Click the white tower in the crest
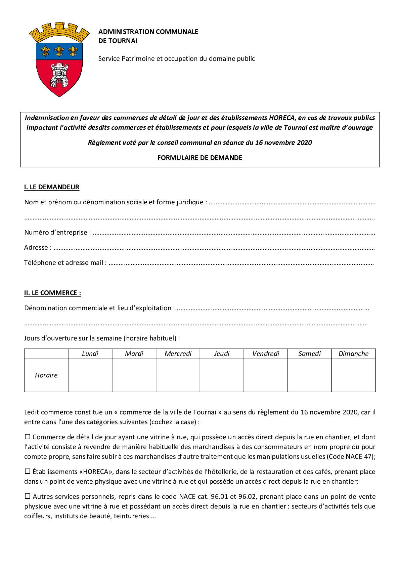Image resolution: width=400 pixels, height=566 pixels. tap(59, 75)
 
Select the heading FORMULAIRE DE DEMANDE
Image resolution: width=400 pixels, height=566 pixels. tap(200, 158)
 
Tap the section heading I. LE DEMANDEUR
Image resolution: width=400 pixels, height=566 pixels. tap(52, 187)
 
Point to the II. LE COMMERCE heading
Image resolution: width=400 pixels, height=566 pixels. tap(52, 293)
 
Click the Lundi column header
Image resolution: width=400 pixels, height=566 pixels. tap(90, 354)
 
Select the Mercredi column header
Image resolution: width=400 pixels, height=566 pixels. tap(178, 354)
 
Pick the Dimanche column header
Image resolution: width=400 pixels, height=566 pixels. tap(353, 354)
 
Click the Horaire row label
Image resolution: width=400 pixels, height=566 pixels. tap(46, 375)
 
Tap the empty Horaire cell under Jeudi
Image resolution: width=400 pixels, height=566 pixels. tap(222, 375)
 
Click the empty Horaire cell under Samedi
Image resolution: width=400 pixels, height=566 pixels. tap(309, 375)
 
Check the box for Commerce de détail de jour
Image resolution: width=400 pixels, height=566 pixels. tap(28, 437)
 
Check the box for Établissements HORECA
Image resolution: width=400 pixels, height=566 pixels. tap(28, 472)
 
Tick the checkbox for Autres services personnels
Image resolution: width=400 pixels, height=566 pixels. tap(28, 496)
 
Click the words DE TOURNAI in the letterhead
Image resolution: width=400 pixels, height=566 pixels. tap(118, 41)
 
